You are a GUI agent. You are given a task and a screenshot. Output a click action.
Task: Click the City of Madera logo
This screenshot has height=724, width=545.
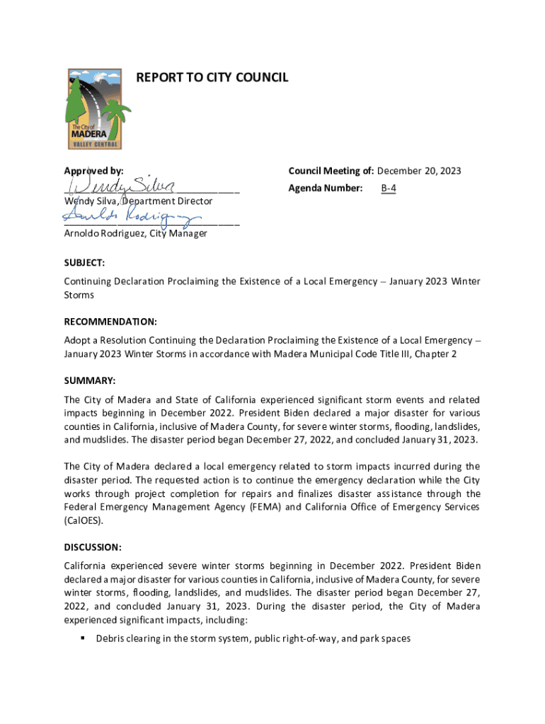[99, 109]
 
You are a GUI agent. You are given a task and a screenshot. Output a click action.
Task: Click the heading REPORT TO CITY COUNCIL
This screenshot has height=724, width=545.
[212, 78]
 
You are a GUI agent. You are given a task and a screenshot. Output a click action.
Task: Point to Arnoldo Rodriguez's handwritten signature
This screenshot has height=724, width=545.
[134, 217]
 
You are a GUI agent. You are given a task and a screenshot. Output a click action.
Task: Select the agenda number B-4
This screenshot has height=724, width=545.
[389, 189]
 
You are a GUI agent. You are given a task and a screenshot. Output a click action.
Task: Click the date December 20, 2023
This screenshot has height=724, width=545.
[419, 171]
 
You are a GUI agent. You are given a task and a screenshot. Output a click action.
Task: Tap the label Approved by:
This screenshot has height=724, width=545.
[93, 171]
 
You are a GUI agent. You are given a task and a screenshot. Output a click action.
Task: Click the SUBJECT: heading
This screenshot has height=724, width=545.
[84, 263]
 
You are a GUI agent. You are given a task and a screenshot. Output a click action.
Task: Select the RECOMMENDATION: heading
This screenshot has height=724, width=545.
[110, 322]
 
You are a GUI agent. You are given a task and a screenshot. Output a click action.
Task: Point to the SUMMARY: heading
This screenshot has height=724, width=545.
[89, 380]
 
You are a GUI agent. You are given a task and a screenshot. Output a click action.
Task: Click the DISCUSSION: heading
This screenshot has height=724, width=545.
[93, 547]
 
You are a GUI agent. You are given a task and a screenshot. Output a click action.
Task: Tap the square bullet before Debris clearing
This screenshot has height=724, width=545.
[83, 638]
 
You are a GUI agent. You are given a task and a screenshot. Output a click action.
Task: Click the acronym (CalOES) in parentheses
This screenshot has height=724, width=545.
[83, 520]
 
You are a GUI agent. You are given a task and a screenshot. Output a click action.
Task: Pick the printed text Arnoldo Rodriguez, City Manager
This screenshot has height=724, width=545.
[135, 233]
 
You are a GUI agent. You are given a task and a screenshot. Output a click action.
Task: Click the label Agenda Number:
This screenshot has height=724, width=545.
[326, 189]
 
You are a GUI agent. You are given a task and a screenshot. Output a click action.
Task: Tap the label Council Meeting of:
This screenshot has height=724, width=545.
[331, 171]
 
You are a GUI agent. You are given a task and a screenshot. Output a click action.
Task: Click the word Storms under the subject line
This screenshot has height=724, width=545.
[80, 295]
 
